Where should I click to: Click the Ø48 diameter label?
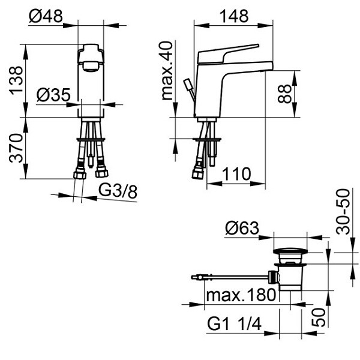[46, 16]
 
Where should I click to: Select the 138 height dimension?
[16, 80]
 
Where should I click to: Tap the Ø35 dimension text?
[53, 95]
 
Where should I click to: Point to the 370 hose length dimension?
[16, 148]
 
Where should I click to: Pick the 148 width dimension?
[234, 16]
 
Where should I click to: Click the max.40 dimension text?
[167, 71]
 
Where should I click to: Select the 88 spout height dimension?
[284, 94]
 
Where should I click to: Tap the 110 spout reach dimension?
[236, 174]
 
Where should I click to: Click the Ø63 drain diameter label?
[242, 228]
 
